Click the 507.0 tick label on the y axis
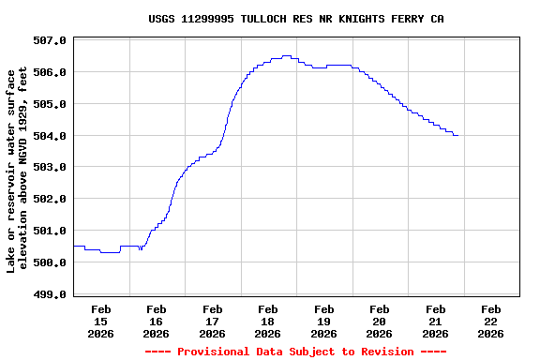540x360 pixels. coord(50,40)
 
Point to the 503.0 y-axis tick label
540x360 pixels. coord(50,167)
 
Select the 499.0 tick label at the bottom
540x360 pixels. coord(50,294)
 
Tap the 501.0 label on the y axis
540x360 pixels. coord(50,231)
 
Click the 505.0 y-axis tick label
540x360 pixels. coord(50,104)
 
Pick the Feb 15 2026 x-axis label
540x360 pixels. coord(100,321)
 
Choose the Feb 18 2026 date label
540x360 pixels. coord(268,321)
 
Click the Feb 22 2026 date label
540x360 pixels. coord(491,321)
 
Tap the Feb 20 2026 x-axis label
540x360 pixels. coord(380,321)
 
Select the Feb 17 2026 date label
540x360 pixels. coord(212,321)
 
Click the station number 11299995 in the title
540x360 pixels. coord(208,19)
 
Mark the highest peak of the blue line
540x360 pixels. coord(286,56)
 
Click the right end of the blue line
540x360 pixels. coord(457,135)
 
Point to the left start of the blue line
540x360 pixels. coord(74,246)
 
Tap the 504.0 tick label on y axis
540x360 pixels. coord(50,136)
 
